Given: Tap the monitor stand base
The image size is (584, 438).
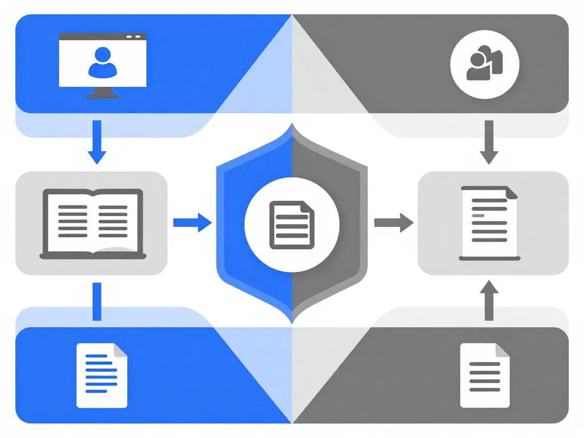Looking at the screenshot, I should (103, 96).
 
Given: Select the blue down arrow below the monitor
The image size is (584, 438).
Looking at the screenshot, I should (97, 143).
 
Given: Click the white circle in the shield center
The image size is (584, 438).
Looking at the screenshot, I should (291, 223).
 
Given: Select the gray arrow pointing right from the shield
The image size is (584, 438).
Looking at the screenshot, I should (394, 222).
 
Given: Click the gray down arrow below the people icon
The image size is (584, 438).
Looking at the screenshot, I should (489, 143).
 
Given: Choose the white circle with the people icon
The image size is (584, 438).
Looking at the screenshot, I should (485, 63).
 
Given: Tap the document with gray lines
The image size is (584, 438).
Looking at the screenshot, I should (485, 375).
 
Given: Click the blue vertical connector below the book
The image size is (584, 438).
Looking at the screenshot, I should (96, 301).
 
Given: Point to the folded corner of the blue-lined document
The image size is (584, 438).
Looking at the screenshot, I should (120, 350).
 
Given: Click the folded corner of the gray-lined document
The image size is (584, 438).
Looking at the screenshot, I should (502, 350).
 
